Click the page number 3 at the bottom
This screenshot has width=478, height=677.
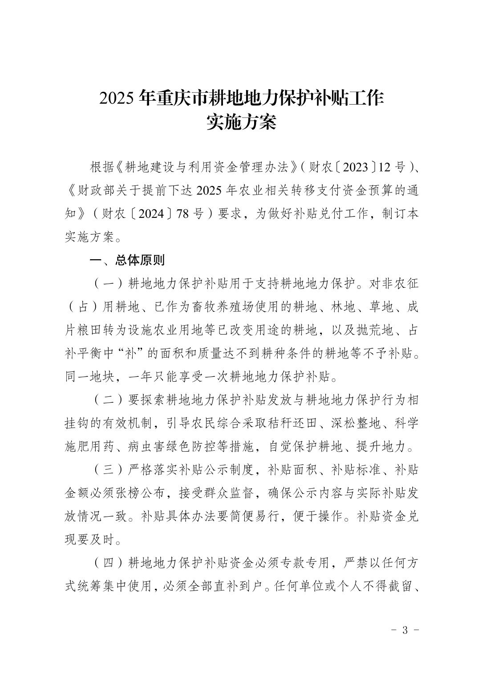tap(405, 630)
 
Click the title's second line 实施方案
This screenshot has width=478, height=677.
tap(241, 122)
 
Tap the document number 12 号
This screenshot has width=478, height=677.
tap(392, 167)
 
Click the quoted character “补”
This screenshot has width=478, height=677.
tap(132, 354)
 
